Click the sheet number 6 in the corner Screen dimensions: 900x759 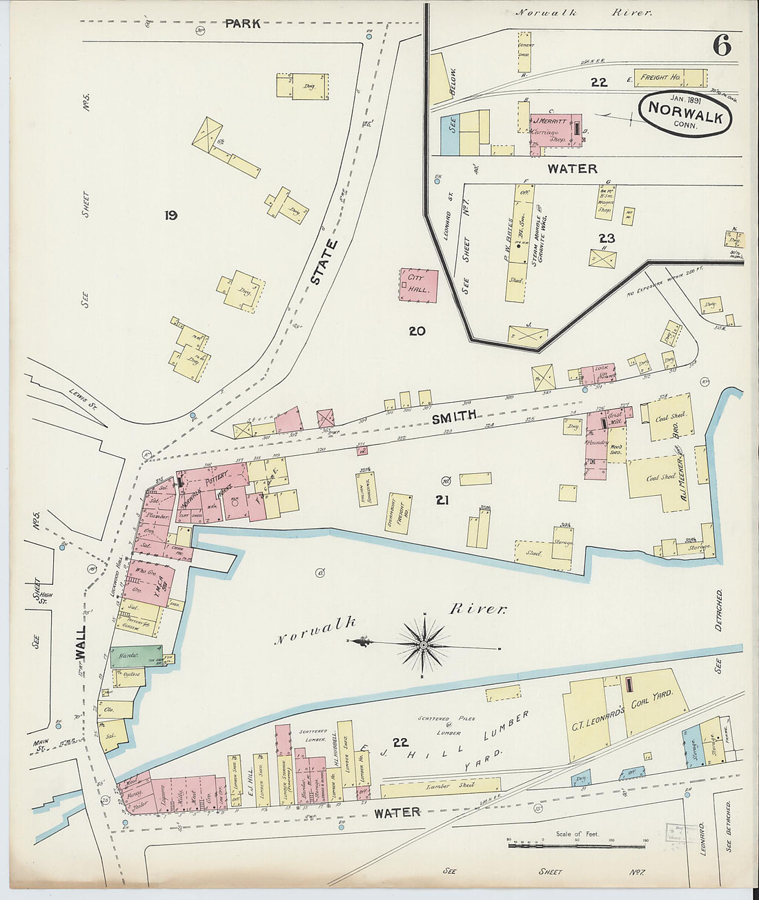(x=722, y=46)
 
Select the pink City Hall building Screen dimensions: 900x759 (x=418, y=285)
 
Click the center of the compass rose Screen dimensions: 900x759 (x=423, y=646)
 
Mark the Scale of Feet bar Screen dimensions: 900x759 (x=576, y=844)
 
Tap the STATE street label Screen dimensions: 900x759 (x=324, y=262)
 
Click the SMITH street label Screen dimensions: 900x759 (x=454, y=416)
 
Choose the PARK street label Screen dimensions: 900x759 (x=243, y=23)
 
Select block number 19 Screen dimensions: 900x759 (x=170, y=215)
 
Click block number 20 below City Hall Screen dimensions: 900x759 (x=416, y=331)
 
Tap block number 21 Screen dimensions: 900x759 (x=442, y=500)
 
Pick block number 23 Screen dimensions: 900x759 (x=607, y=238)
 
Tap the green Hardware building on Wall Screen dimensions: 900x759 (x=135, y=656)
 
